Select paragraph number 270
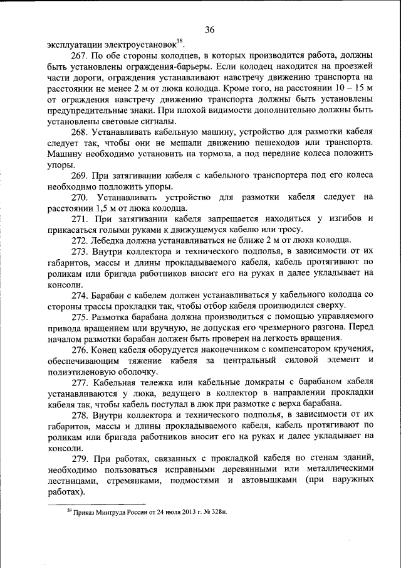[x=81, y=198]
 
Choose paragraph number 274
[x=81, y=296]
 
